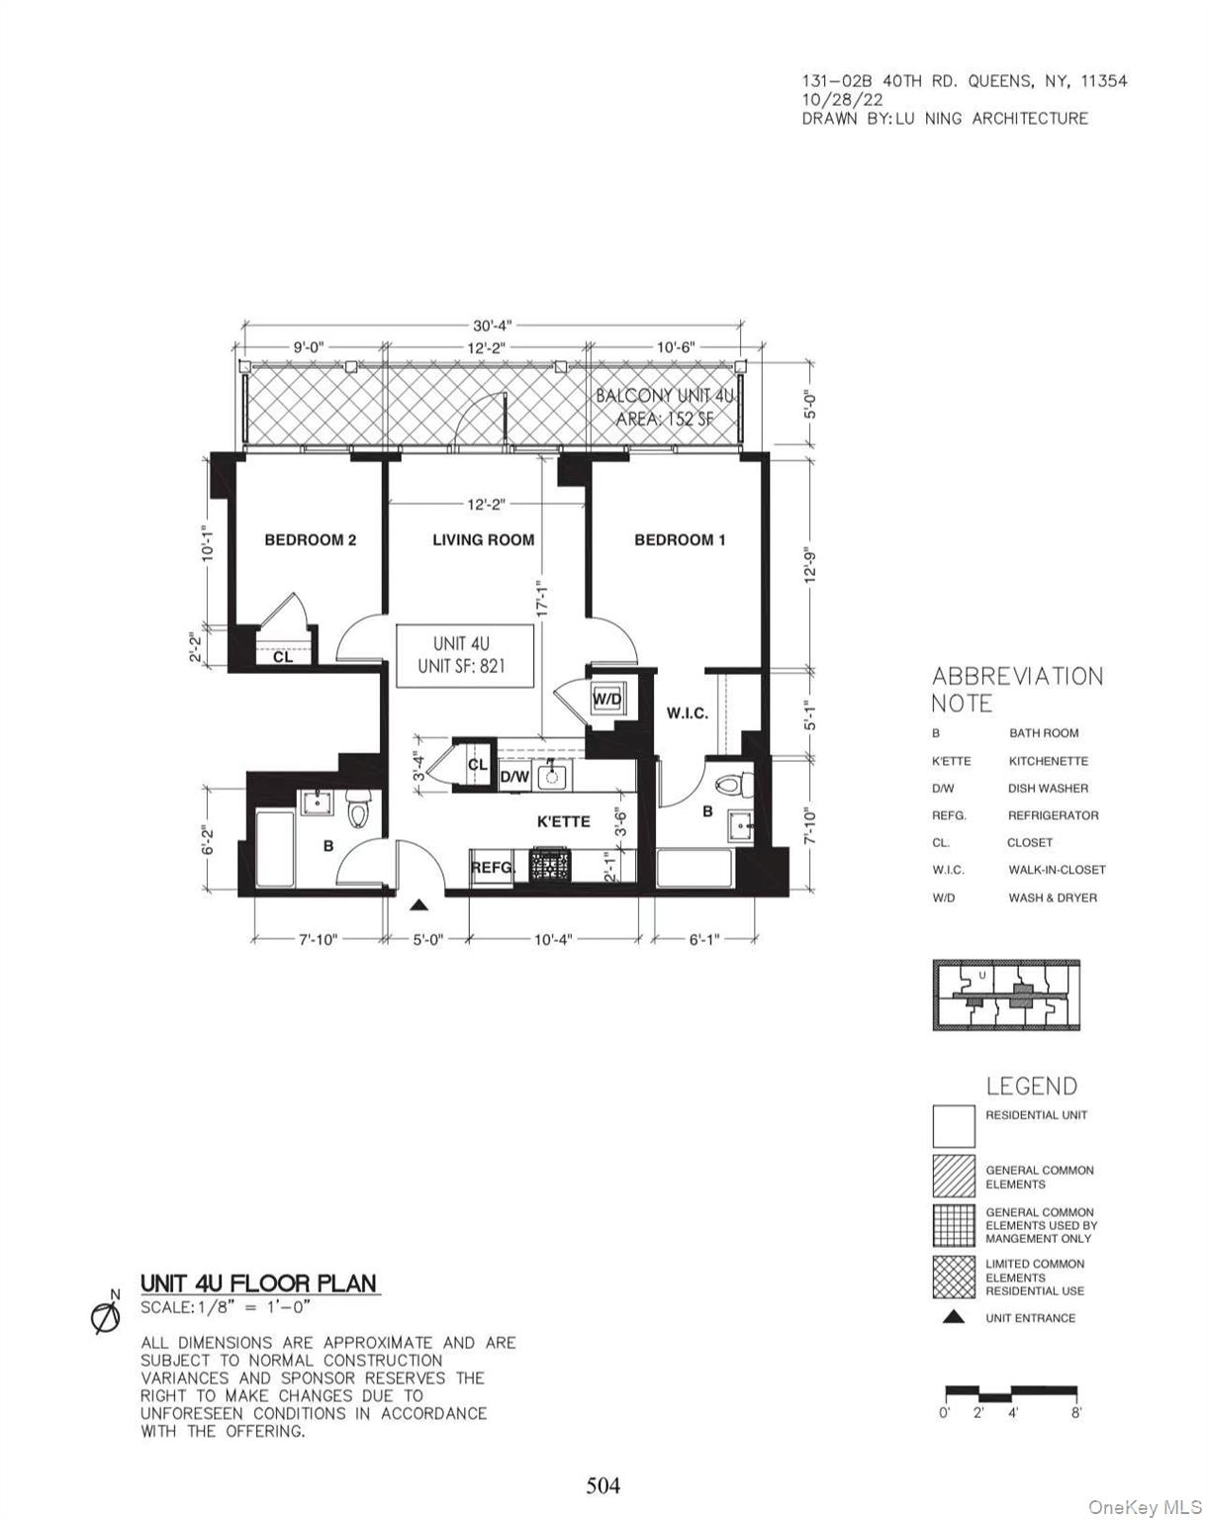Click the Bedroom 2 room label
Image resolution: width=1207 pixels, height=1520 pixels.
coord(310,540)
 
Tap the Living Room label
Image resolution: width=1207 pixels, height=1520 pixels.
coord(483,540)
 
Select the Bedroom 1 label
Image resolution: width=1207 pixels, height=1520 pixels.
coord(680,540)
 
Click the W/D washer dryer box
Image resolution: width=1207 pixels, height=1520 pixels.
coord(606,700)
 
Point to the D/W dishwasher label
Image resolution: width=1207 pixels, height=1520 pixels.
coord(514,778)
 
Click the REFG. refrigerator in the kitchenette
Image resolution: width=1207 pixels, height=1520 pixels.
coord(493,868)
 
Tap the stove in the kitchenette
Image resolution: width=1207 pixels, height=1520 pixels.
coord(548,866)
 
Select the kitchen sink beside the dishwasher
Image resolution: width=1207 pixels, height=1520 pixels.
coord(551,776)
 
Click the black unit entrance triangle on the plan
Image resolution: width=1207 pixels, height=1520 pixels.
coord(419,904)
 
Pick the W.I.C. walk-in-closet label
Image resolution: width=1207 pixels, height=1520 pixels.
coord(687,712)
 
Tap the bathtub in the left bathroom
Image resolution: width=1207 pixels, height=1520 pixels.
coord(274,849)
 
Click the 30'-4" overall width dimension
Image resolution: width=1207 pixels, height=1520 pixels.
coord(492,325)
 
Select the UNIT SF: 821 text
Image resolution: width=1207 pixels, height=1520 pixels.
coord(461,666)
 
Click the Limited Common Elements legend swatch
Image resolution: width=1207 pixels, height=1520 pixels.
coord(953,1278)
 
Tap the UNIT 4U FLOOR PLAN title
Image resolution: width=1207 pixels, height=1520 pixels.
coord(258,1283)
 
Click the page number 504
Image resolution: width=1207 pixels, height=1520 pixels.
coord(603,1484)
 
